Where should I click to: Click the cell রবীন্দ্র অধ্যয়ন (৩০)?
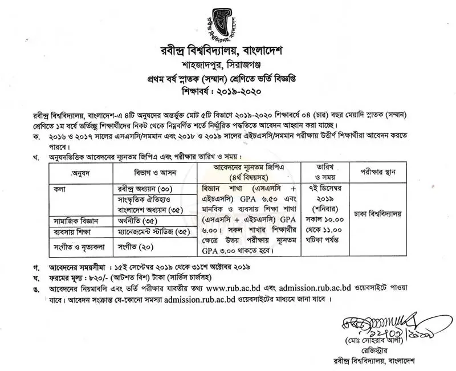[x=140, y=188]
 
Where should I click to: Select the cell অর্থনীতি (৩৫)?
[x=135, y=220]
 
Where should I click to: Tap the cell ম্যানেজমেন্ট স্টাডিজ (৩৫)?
[x=150, y=232]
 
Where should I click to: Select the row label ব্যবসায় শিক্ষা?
[x=73, y=232]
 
